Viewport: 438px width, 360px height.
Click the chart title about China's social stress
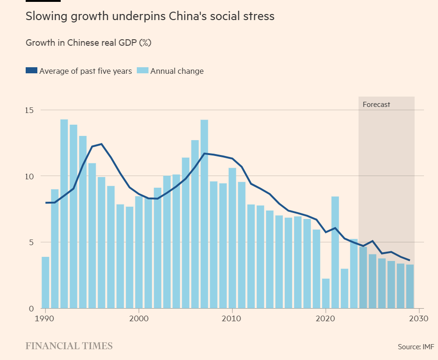point(150,16)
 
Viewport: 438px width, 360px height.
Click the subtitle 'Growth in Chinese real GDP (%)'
point(89,42)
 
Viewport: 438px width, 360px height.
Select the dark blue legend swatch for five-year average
point(31,71)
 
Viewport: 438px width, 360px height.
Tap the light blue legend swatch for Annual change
point(143,71)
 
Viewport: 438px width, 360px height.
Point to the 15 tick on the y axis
point(30,110)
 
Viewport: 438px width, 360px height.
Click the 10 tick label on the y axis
point(30,176)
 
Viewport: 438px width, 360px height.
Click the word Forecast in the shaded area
point(376,105)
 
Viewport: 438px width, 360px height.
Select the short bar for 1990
point(45,282)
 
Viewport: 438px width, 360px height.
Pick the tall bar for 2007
point(204,215)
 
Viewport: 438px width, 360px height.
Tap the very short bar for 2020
point(325,293)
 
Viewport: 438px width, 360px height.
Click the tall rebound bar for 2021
point(335,252)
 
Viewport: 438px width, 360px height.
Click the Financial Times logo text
point(69,346)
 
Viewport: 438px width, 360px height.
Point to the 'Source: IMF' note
point(416,347)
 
